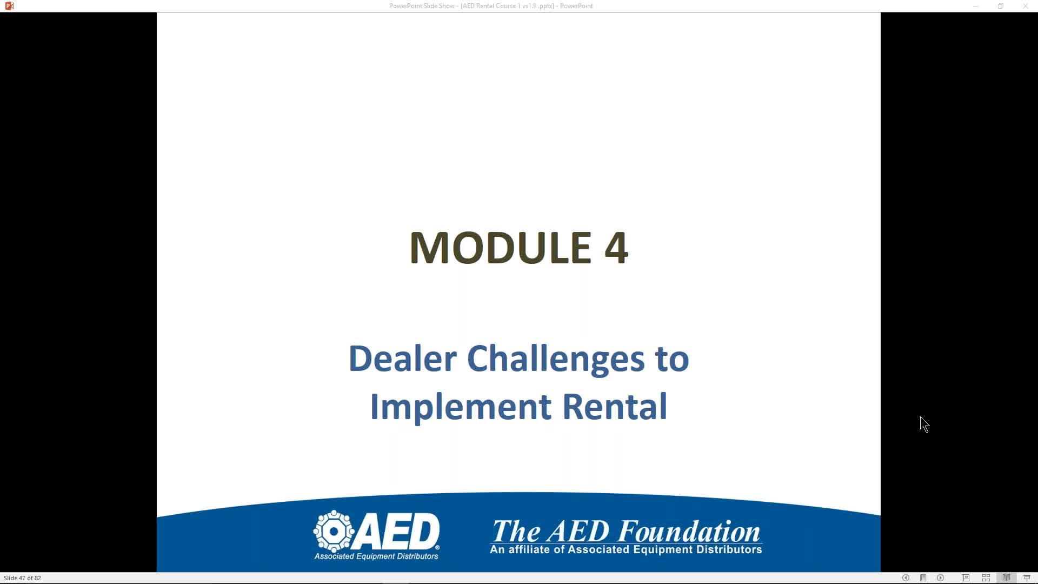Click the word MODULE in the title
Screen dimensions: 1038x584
coord(501,248)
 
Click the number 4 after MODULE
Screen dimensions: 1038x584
coord(616,248)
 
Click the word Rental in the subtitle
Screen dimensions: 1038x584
coord(615,407)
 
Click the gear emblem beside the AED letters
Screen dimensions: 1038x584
coord(334,531)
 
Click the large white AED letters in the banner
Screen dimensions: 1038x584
coord(398,531)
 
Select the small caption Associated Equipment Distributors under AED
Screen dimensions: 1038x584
coord(376,556)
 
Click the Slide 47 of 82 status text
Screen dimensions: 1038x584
coord(22,578)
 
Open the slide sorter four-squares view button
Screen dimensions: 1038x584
coord(986,578)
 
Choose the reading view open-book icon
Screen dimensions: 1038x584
coord(1006,578)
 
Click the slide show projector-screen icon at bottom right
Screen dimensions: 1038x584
coord(1027,578)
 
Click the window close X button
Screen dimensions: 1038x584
coord(1026,6)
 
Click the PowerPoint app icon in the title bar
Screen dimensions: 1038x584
coord(9,6)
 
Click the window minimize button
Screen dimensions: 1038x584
coord(976,6)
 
